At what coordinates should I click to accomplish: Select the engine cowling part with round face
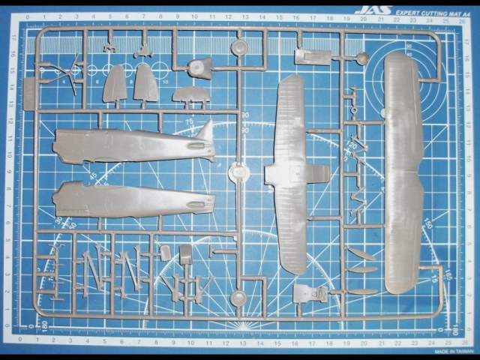(201, 67)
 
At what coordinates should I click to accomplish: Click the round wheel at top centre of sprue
(239, 48)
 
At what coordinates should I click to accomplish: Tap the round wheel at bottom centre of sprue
(239, 299)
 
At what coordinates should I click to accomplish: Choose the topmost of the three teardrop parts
(362, 253)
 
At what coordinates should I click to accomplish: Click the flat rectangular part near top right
(313, 57)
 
